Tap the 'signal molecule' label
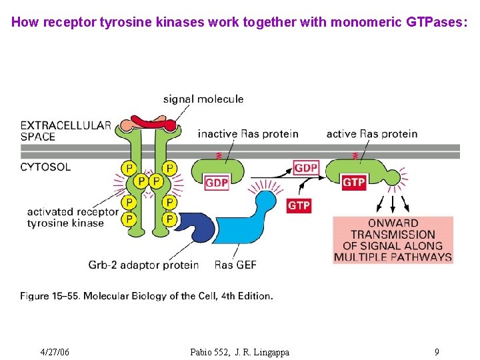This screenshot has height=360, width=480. coord(203,99)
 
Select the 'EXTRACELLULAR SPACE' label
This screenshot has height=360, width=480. coord(65,131)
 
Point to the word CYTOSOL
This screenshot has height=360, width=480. coord(45,167)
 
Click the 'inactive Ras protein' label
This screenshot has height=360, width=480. coord(248,134)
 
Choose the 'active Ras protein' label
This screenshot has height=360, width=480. coord(372,134)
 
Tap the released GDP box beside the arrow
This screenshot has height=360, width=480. coord(306,168)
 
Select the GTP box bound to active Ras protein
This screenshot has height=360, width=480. coord(353,182)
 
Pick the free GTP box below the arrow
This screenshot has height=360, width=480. coord(299,206)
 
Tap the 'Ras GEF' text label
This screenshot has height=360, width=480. coord(235,265)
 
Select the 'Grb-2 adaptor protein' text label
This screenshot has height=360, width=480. coord(143,265)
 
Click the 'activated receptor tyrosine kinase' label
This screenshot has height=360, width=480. coord(72,217)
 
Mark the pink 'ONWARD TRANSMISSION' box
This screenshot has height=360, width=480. coord(393,240)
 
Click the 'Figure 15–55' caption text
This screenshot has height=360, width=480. coord(146,295)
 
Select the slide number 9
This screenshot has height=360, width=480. coord(436,352)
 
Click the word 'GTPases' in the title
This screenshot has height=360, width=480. coord(436,22)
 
